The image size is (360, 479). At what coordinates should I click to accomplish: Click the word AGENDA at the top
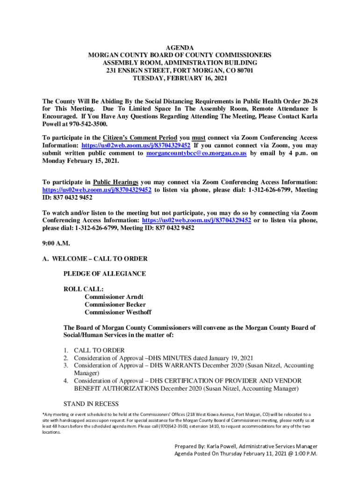click(x=180, y=48)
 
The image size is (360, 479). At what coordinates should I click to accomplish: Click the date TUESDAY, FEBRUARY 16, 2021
click(x=180, y=78)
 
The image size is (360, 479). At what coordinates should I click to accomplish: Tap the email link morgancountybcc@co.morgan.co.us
click(x=196, y=153)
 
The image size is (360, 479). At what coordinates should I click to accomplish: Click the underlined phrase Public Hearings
click(x=115, y=182)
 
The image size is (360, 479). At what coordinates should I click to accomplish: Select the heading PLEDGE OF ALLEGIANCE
click(x=104, y=273)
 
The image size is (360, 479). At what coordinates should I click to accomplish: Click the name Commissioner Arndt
click(x=114, y=297)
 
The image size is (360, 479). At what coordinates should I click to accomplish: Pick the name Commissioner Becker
click(x=115, y=305)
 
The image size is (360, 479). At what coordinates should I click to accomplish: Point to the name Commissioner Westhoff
click(x=118, y=312)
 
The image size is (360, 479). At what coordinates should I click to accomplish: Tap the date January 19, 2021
click(x=227, y=358)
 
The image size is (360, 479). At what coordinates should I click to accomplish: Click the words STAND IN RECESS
click(x=91, y=404)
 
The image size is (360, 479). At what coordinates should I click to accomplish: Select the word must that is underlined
click(x=198, y=138)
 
